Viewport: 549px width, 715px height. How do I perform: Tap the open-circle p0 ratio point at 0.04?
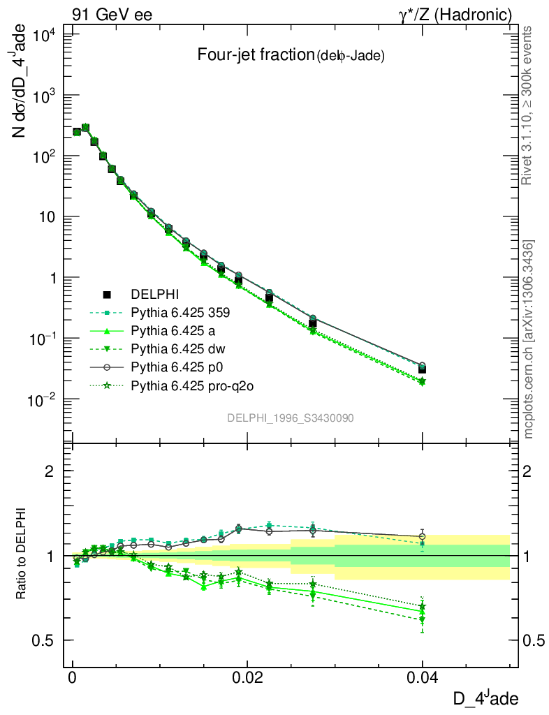click(422, 537)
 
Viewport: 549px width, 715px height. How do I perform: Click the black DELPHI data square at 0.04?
click(422, 369)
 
